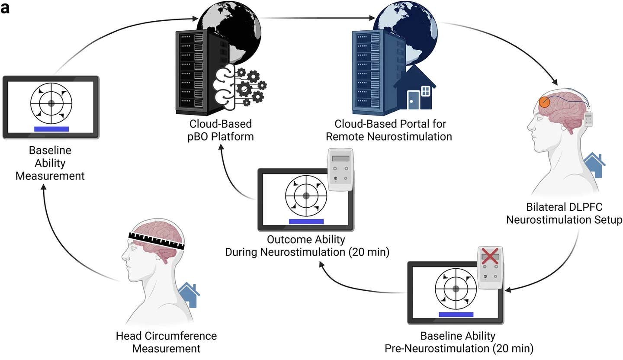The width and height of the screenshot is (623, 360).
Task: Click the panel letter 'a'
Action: (5, 9)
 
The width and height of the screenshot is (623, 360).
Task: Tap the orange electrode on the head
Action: (545, 102)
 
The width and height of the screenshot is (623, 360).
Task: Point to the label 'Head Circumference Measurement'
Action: (166, 342)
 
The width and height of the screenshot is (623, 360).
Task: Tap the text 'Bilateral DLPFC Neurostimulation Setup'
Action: (564, 213)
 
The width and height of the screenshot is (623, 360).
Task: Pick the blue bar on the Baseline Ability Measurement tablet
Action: (51, 129)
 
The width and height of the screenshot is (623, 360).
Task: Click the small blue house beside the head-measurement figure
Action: (189, 295)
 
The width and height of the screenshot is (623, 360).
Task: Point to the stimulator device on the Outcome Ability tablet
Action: (340, 169)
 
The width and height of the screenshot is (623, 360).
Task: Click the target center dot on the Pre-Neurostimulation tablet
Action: (456, 289)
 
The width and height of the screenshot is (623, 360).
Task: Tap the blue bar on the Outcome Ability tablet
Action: (306, 222)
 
